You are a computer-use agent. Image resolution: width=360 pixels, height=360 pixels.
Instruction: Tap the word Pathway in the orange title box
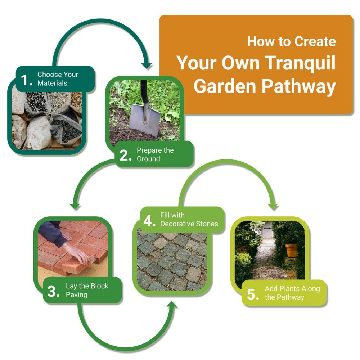coord(299,86)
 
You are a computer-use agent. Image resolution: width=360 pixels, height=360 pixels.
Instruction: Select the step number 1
coord(27,80)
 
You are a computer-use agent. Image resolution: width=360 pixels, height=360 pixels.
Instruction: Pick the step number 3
coord(54,291)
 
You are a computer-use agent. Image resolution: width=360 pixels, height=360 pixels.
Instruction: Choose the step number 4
coord(149,221)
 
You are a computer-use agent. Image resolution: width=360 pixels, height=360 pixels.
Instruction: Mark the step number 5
coord(253,294)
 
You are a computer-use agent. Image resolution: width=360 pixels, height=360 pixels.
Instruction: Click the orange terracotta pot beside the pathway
coord(292,250)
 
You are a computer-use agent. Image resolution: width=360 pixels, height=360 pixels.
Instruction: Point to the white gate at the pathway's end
coord(267,230)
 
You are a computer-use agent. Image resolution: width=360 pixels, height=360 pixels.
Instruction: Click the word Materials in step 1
coord(52,83)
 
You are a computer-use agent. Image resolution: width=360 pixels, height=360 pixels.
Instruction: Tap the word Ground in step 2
coord(148,159)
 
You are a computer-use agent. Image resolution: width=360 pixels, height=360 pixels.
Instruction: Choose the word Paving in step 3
coord(77,295)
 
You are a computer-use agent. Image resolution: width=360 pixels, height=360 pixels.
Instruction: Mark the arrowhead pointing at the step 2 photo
coord(147,66)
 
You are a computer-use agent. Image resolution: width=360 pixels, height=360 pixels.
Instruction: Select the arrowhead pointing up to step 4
coord(172,306)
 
